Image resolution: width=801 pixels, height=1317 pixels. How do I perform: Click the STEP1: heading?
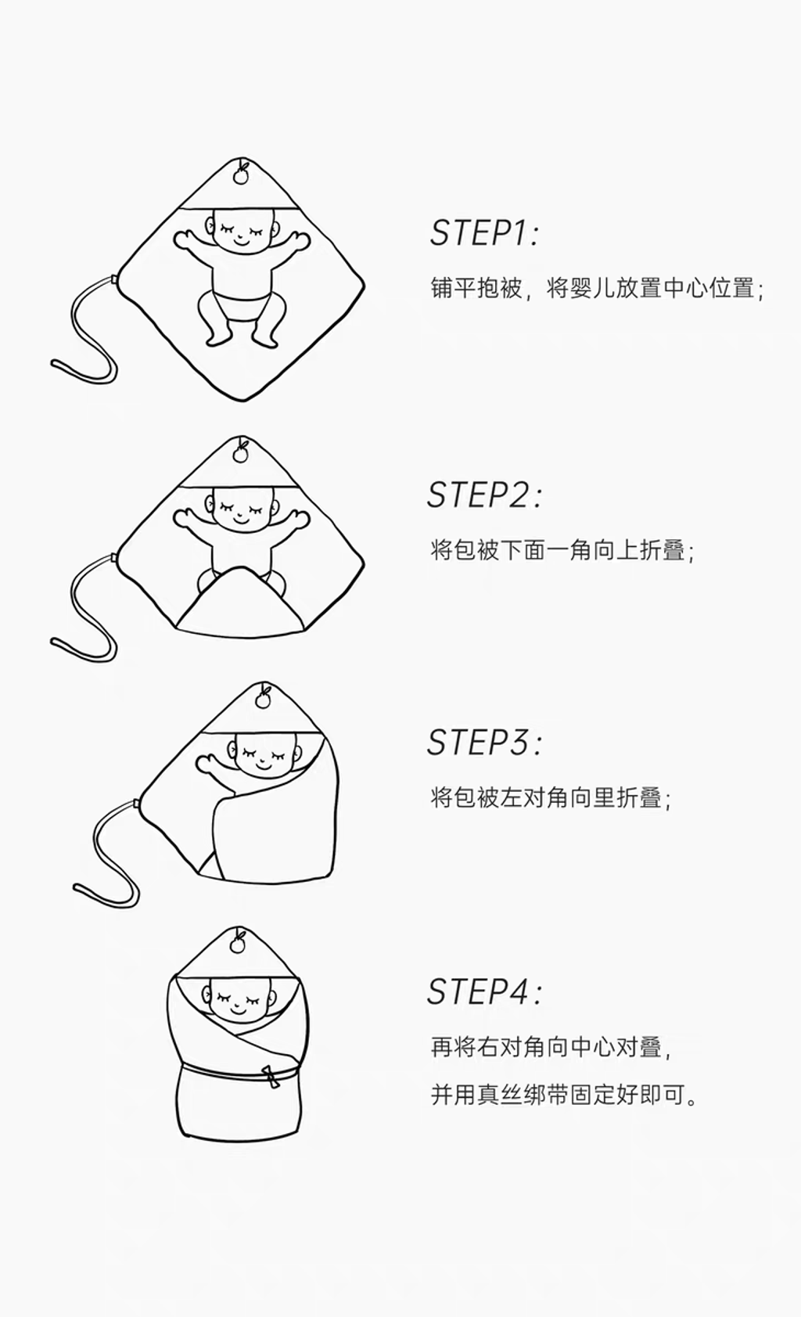point(484,233)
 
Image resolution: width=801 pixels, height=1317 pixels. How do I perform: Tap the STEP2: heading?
point(484,495)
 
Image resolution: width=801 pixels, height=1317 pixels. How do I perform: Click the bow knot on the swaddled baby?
point(270,1077)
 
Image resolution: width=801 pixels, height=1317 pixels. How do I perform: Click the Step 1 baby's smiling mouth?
point(242,240)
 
